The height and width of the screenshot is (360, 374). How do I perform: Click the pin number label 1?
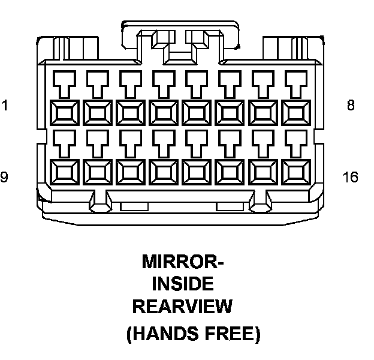[5, 106]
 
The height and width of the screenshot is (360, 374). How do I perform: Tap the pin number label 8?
[351, 106]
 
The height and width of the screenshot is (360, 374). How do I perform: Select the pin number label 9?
[4, 177]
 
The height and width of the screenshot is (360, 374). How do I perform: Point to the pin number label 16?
[351, 177]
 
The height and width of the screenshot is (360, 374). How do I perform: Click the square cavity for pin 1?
[64, 113]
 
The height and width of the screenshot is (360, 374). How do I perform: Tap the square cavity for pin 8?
[294, 113]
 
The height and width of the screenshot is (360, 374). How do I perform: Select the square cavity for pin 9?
[64, 172]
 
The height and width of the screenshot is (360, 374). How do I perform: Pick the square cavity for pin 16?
[294, 172]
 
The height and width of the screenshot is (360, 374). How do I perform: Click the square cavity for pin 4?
[162, 113]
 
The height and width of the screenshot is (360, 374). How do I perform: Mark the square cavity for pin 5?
[195, 113]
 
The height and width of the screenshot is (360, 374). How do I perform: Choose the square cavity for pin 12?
[162, 172]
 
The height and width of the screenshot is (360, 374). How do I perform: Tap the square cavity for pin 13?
[195, 172]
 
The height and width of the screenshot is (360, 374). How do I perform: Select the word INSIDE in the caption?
[183, 284]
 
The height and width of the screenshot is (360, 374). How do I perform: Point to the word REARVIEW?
[182, 306]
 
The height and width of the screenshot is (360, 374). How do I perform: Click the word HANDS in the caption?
[167, 334]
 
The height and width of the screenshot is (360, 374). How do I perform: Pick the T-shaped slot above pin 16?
[294, 142]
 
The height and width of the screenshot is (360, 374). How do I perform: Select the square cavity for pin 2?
[97, 113]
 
